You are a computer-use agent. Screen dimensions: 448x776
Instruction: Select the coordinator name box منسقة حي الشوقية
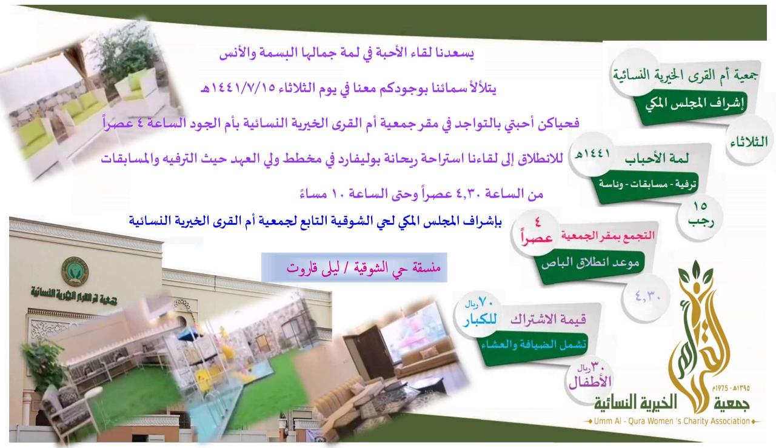tap(354, 267)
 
